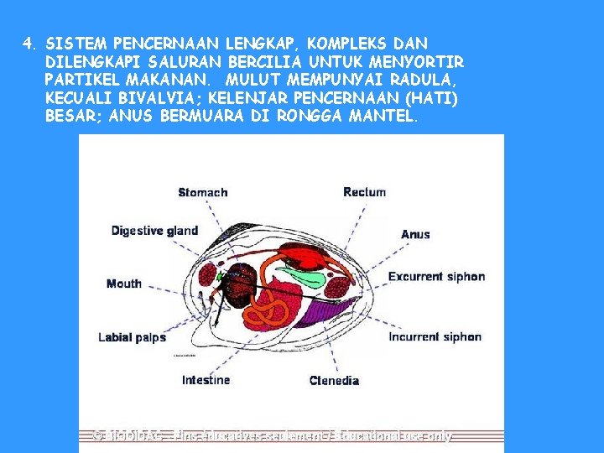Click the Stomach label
pyautogui.click(x=202, y=193)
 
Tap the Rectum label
pyautogui.click(x=364, y=192)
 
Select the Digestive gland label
pyautogui.click(x=154, y=231)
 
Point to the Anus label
pyautogui.click(x=415, y=234)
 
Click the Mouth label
pyautogui.click(x=124, y=284)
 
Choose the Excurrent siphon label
pyautogui.click(x=436, y=276)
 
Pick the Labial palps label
pyautogui.click(x=132, y=337)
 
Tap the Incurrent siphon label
pyautogui.click(x=435, y=337)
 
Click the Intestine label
pyautogui.click(x=206, y=380)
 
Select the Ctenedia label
pyautogui.click(x=334, y=381)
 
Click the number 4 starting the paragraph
pyautogui.click(x=28, y=42)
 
